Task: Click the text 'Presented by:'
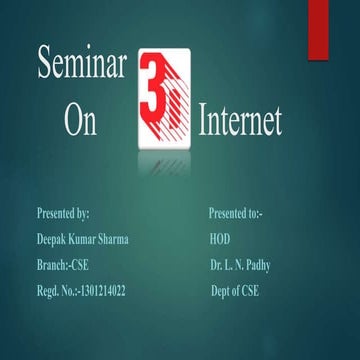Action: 63,213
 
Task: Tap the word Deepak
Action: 53,239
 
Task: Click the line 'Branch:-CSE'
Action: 62,265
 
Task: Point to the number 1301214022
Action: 102,291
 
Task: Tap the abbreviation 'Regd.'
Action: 47,291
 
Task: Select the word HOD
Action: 220,239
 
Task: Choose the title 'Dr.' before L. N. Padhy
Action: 216,265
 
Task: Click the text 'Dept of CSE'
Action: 234,291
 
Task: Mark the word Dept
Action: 220,291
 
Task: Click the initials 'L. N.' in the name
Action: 236,265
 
